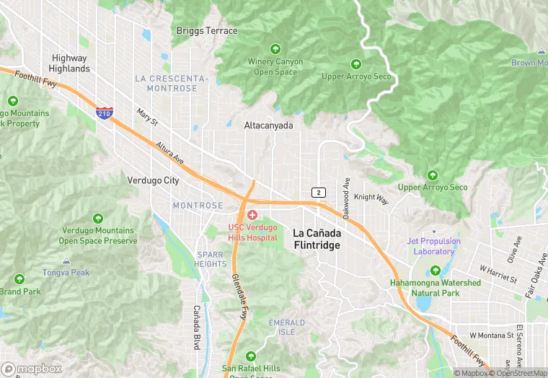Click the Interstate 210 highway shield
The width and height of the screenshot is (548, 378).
[104, 113]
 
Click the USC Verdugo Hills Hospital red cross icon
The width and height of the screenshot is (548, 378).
[252, 215]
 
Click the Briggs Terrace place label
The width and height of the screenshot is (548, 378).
[206, 31]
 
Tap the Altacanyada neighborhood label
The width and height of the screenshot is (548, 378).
[268, 126]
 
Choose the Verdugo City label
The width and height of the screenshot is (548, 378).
[153, 180]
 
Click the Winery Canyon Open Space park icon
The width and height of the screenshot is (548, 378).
[275, 49]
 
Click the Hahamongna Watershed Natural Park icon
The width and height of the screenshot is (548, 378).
[435, 271]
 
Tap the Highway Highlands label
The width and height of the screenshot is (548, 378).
[69, 63]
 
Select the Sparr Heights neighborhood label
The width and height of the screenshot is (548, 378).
[210, 259]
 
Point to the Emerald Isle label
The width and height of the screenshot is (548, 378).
[282, 327]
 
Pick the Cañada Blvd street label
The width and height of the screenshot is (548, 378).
[196, 327]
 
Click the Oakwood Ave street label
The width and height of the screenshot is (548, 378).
[347, 198]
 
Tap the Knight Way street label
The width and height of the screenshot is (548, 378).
[371, 198]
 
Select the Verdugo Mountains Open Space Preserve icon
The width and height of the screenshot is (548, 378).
[98, 218]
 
